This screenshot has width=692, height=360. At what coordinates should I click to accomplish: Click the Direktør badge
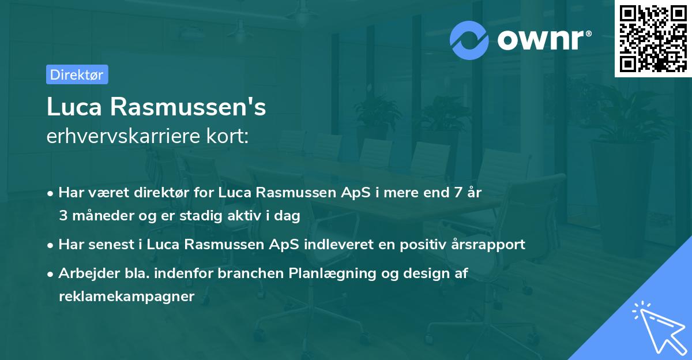pyautogui.click(x=77, y=74)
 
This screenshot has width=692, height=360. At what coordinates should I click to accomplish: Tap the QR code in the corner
pyautogui.click(x=652, y=38)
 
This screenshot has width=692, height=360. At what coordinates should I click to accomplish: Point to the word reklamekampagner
pyautogui.click(x=126, y=297)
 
